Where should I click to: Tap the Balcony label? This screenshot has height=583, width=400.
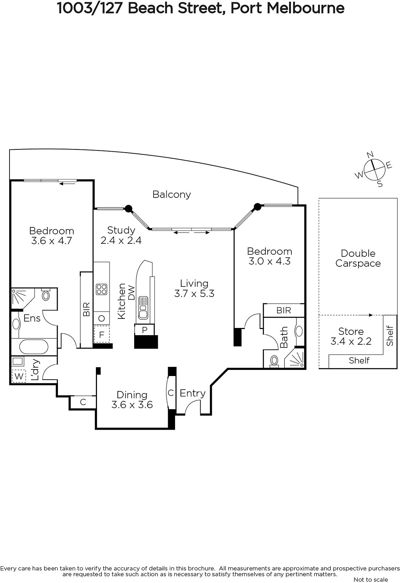(x=172, y=195)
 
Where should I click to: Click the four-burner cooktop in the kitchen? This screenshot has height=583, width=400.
(x=102, y=289)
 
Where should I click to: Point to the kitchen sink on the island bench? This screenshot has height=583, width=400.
(x=143, y=308)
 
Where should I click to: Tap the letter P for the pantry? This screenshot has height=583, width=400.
(x=145, y=330)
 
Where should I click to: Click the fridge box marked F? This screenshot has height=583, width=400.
(x=102, y=334)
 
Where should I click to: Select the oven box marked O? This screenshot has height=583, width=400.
(x=102, y=318)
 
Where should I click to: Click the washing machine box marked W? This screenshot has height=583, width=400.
(x=19, y=376)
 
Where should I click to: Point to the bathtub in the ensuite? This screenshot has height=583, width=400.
(x=34, y=347)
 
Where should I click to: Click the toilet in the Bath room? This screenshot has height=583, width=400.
(x=274, y=361)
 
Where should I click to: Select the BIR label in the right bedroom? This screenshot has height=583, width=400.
(x=284, y=310)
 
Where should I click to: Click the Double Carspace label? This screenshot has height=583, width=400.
(x=358, y=258)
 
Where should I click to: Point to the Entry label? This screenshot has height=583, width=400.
(x=193, y=393)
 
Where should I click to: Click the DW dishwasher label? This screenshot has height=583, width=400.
(x=132, y=293)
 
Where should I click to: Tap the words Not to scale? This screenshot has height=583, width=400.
(x=371, y=579)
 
